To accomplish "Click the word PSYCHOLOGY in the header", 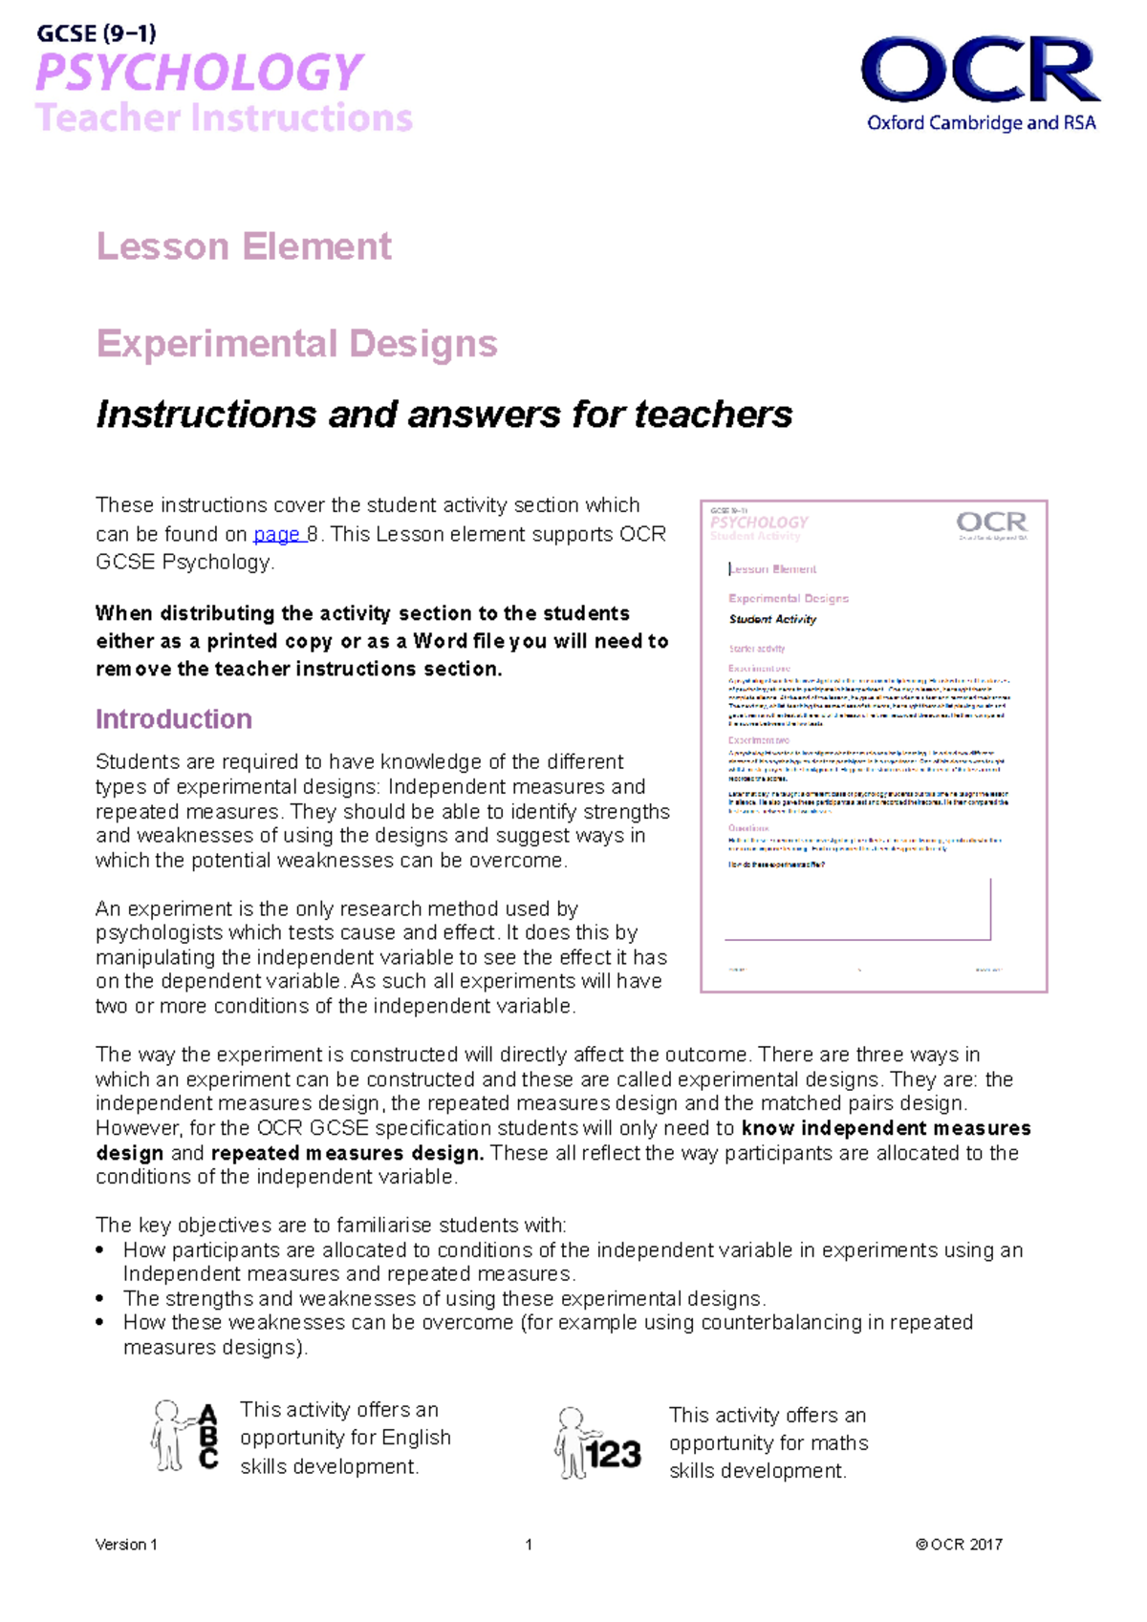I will coord(199,73).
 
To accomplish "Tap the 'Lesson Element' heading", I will coord(244,246).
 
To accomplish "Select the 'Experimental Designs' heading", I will coord(296,344).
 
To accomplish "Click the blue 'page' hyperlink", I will coord(277,535).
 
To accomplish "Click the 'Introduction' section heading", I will coord(174,719).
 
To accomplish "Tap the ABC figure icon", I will coord(184,1436).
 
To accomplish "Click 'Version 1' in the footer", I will coord(126,1545).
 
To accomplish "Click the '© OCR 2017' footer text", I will coord(959,1545).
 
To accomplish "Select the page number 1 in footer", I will coord(529,1545).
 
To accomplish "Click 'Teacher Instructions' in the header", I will coord(224,118).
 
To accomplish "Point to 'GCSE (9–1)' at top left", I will coord(97,34).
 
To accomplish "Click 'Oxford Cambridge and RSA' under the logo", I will coord(981,123).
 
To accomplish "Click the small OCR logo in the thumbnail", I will coord(991,523).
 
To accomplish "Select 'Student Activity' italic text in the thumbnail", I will coord(772,619).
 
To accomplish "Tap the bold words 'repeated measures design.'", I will coord(347,1153).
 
